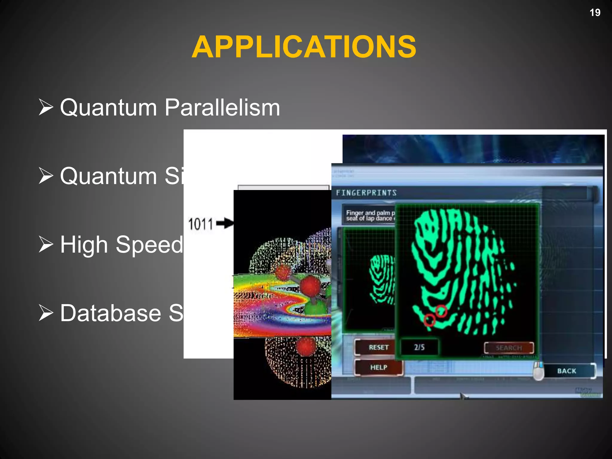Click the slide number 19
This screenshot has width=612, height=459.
(595, 13)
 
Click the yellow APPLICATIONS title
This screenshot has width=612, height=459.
(304, 47)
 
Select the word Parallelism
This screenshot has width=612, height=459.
(222, 107)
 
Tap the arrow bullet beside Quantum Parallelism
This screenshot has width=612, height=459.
(46, 107)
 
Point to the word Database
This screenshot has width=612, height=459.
(111, 313)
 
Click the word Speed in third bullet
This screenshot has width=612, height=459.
(149, 245)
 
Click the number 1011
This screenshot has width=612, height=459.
(200, 224)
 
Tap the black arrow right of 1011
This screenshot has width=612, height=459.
(225, 223)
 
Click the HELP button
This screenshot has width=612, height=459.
(378, 367)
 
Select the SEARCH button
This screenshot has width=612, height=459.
(509, 348)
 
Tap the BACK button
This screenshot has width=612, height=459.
(566, 371)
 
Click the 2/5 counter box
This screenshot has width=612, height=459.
(419, 347)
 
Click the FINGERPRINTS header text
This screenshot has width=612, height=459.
(366, 193)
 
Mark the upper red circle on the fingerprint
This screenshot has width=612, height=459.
(441, 311)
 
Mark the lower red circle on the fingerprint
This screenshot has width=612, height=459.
(429, 320)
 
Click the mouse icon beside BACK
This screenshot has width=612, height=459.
(538, 371)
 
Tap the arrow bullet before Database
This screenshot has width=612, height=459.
(46, 313)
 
